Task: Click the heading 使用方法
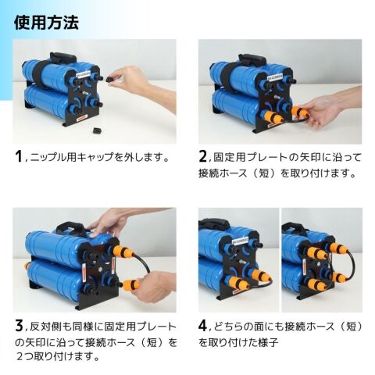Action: coord(46,23)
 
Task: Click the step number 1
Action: coord(19,156)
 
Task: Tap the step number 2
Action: coord(202,156)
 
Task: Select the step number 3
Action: coord(19,326)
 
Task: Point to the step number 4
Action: coord(203,326)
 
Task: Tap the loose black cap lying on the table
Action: coord(98,130)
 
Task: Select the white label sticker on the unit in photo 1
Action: coord(83,74)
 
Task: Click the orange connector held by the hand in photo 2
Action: coord(299,112)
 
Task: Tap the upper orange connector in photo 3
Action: coord(123,252)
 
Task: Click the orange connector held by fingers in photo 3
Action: coord(130,286)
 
